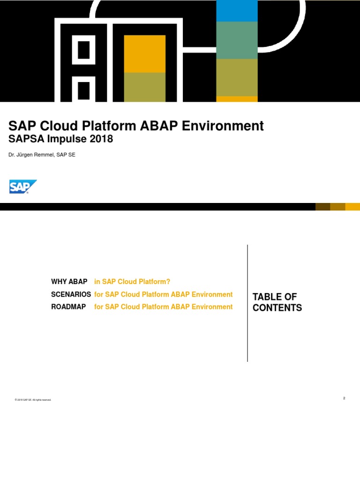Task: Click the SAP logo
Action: pyautogui.click(x=22, y=187)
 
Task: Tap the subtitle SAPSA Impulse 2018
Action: pyautogui.click(x=61, y=139)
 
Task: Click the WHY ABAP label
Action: pyautogui.click(x=69, y=282)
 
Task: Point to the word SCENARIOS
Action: pyautogui.click(x=71, y=294)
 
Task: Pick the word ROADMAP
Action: pyautogui.click(x=68, y=307)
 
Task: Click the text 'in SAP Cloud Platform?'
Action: pyautogui.click(x=132, y=282)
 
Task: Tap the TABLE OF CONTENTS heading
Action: pyautogui.click(x=277, y=302)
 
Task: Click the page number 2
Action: pyautogui.click(x=344, y=398)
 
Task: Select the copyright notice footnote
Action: pyautogui.click(x=33, y=400)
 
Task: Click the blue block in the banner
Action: pyautogui.click(x=237, y=11)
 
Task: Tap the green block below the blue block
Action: pyautogui.click(x=237, y=40)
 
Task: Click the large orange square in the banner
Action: pyautogui.click(x=144, y=53)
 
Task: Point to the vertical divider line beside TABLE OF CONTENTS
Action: pyautogui.click(x=247, y=303)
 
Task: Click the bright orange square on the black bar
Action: pyautogui.click(x=352, y=207)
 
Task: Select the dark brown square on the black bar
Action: pyautogui.click(x=322, y=207)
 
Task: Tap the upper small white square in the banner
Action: pyautogui.click(x=83, y=50)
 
